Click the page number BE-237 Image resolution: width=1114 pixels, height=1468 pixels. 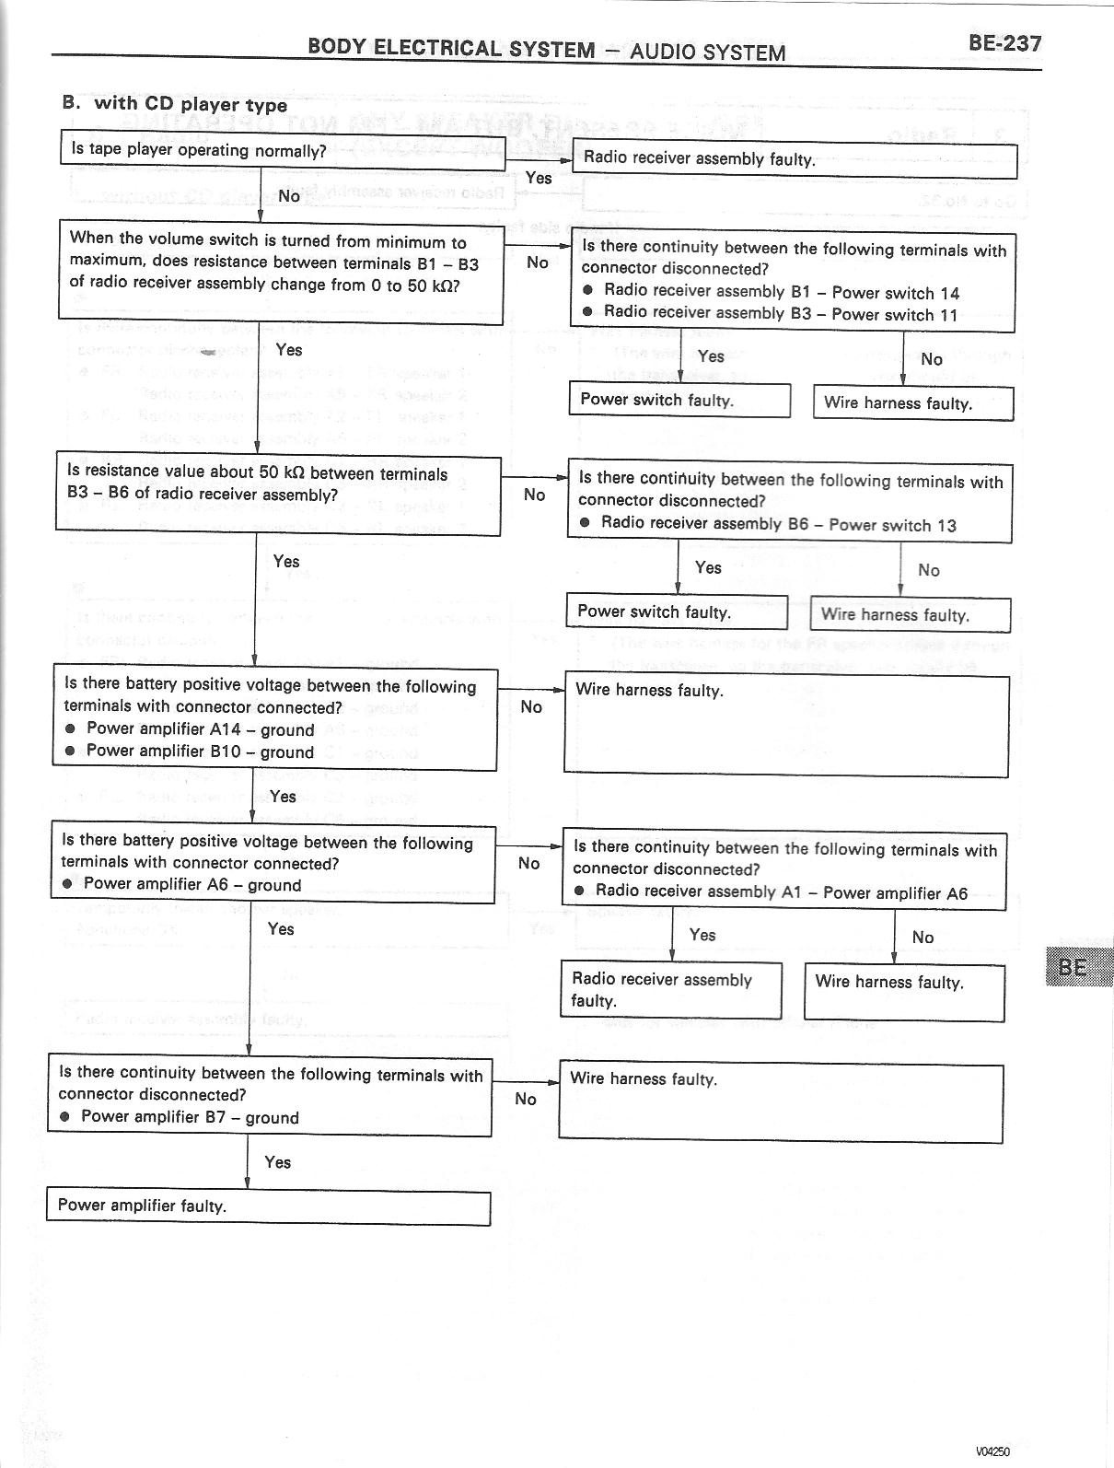pyautogui.click(x=1004, y=43)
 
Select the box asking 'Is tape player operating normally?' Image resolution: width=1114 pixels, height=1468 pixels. pyautogui.click(x=283, y=151)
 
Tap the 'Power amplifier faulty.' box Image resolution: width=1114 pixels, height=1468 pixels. pyautogui.click(x=268, y=1206)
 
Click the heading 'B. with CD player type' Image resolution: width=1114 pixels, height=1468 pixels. pyautogui.click(x=175, y=104)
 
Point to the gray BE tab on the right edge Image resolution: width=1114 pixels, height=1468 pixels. pyautogui.click(x=1078, y=967)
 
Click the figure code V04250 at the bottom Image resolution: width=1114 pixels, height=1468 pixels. pyautogui.click(x=993, y=1451)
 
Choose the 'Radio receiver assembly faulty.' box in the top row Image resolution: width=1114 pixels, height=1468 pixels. pyautogui.click(x=795, y=159)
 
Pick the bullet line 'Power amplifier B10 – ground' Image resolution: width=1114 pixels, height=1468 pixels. pyautogui.click(x=200, y=751)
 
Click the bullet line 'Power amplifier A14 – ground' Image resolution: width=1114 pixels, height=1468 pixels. pyautogui.click(x=200, y=729)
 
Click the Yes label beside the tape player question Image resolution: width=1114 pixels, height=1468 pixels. pyautogui.click(x=539, y=178)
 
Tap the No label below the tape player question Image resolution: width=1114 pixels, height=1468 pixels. pyautogui.click(x=289, y=196)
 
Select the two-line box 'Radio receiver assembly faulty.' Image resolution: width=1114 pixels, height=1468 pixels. pyautogui.click(x=670, y=990)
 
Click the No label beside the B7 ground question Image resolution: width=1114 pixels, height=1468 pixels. pyautogui.click(x=526, y=1099)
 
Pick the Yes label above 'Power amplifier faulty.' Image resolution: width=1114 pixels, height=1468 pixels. pyautogui.click(x=277, y=1162)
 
